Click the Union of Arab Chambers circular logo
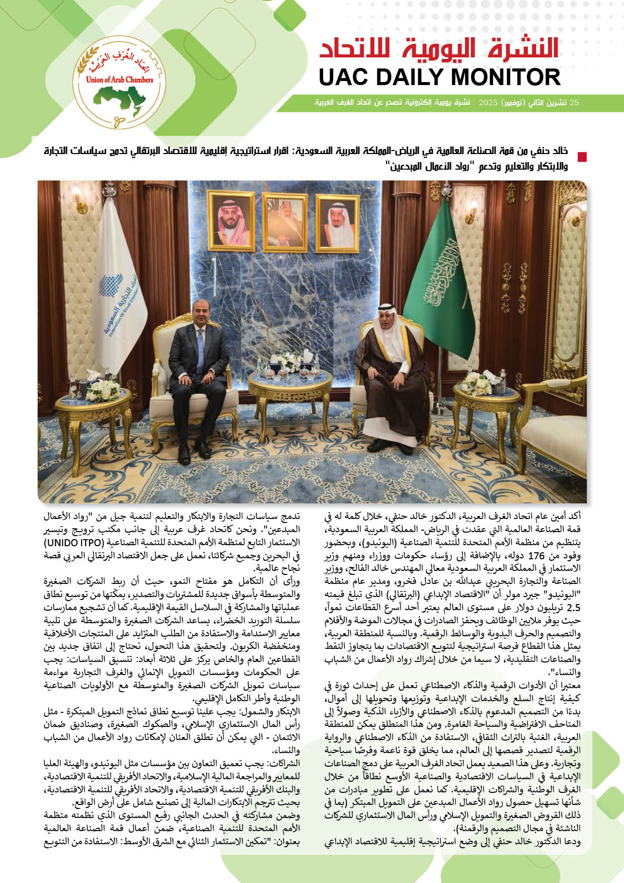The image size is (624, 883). (x=120, y=82)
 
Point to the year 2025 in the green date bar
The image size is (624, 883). (x=488, y=103)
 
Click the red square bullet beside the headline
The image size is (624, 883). (x=582, y=157)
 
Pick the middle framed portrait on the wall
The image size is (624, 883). (x=285, y=222)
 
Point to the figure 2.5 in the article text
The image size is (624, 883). (x=573, y=608)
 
